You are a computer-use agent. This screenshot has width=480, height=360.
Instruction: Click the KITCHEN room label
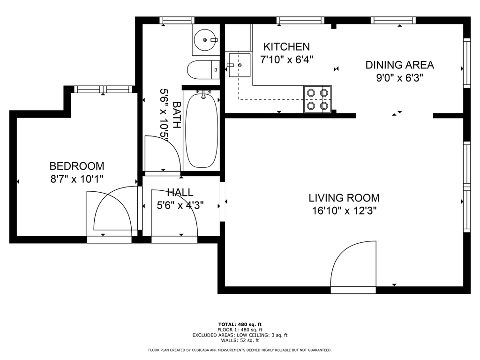286,47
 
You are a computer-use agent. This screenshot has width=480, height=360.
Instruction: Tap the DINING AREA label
399,65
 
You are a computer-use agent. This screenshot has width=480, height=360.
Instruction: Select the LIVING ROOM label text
344,198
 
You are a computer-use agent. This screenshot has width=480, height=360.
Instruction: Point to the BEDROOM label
77,166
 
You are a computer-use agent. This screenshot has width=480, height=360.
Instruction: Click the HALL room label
180,192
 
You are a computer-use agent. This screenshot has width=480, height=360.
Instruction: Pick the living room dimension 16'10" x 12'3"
344,211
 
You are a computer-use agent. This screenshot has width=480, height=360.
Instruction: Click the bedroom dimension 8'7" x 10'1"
77,179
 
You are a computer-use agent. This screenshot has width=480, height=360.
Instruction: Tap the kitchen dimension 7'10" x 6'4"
286,60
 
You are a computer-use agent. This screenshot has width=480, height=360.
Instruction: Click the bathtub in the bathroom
202,130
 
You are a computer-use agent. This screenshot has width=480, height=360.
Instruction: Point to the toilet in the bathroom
203,70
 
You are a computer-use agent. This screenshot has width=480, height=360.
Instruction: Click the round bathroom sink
206,40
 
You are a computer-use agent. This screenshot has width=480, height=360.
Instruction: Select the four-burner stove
317,99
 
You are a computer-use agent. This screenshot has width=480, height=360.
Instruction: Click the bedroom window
103,90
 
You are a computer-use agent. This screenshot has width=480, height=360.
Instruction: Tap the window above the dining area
393,20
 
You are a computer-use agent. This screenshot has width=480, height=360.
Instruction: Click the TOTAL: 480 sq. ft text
240,324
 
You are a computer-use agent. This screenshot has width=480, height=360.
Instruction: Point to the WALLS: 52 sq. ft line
240,340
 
